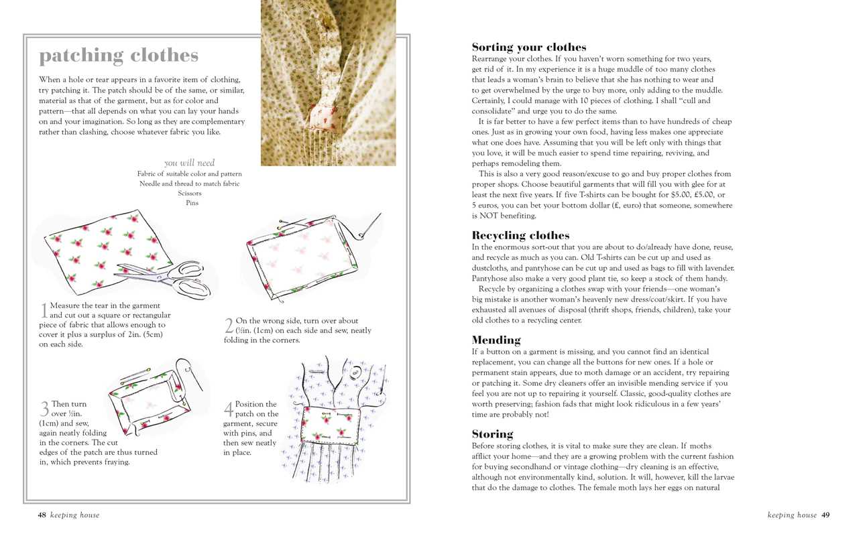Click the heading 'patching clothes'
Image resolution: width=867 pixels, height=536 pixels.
point(119,56)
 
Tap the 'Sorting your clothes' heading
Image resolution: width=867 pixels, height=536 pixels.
point(529,47)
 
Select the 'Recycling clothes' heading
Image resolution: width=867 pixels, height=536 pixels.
point(520,235)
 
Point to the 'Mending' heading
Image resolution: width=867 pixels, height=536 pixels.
point(496,340)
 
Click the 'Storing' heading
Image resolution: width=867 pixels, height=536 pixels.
point(493,433)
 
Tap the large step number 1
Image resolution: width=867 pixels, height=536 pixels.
point(44,310)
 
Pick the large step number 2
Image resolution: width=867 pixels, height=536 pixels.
point(229,326)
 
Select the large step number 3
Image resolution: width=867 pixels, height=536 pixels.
point(44,409)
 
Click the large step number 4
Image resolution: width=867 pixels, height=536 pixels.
point(229,409)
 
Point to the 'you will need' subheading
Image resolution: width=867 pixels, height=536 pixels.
point(190,163)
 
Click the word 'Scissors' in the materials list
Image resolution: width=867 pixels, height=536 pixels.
point(190,193)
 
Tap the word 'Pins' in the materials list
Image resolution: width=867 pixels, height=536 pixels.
point(192,203)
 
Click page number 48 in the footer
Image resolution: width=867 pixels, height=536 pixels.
point(42,515)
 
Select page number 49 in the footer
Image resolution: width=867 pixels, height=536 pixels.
point(825,515)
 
